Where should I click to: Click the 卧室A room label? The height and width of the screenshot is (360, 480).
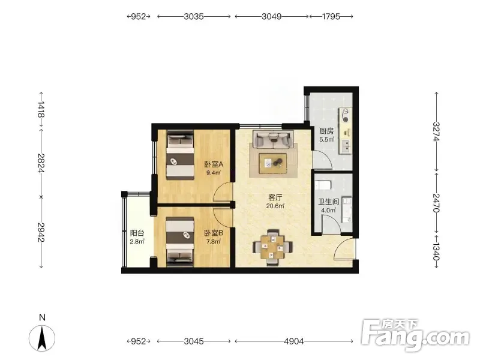pos(214,164)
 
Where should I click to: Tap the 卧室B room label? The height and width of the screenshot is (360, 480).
pos(214,233)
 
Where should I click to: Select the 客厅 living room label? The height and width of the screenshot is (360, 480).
pos(275,197)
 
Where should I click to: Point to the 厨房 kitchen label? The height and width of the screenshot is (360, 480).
pos(326,131)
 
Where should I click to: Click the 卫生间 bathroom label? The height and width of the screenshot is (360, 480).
pos(328,202)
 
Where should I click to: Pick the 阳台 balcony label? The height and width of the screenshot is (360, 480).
pos(137,233)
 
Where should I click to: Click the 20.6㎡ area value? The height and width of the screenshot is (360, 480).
pos(275,206)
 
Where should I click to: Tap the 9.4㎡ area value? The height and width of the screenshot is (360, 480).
pos(214,172)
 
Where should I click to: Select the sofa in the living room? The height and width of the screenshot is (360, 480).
pos(273,139)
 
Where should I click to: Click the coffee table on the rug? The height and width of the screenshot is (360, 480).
pos(273,163)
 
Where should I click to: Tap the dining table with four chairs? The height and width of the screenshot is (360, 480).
pos(272,247)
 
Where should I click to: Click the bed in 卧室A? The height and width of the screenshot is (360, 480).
pos(181,155)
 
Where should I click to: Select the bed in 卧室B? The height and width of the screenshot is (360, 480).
pos(180,241)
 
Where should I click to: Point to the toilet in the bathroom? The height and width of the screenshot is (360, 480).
pos(323,185)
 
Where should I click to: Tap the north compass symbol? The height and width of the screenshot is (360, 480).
pos(42,338)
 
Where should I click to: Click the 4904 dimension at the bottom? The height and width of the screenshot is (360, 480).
pos(294,341)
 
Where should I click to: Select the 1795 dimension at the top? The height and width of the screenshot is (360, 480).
pos(331,17)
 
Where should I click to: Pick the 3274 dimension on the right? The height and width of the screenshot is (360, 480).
pos(437,131)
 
